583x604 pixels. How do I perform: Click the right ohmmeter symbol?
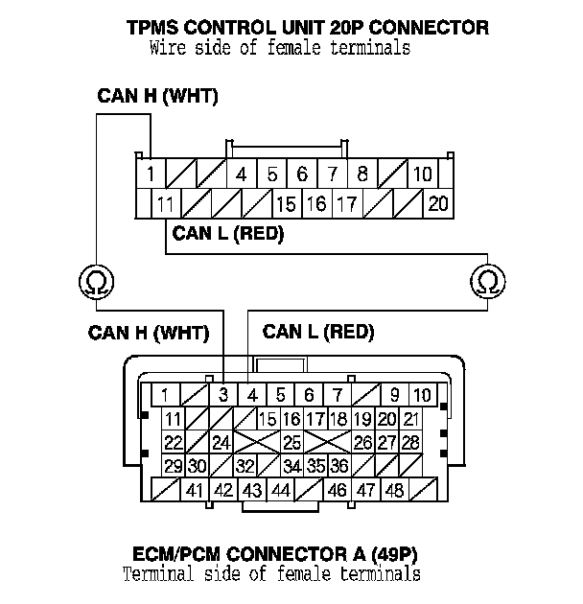point(487,282)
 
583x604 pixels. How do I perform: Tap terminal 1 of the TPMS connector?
point(152,174)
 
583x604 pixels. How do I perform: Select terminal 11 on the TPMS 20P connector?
point(166,203)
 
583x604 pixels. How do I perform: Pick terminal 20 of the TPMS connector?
point(437,203)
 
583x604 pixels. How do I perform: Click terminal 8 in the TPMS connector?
point(362,174)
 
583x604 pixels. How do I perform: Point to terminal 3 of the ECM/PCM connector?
point(223,394)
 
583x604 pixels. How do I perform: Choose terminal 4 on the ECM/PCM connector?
point(252,394)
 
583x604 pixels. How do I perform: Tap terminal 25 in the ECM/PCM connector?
point(291,442)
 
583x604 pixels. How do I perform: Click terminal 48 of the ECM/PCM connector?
point(393,490)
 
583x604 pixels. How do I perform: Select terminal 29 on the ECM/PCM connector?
point(173,466)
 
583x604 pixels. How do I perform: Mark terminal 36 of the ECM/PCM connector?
point(338,466)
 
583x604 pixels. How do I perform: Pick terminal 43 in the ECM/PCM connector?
point(252,490)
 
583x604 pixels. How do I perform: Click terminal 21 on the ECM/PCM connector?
point(410,418)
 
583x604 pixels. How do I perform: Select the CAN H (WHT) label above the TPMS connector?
point(157,97)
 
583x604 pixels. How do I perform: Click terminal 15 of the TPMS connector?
point(286,203)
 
